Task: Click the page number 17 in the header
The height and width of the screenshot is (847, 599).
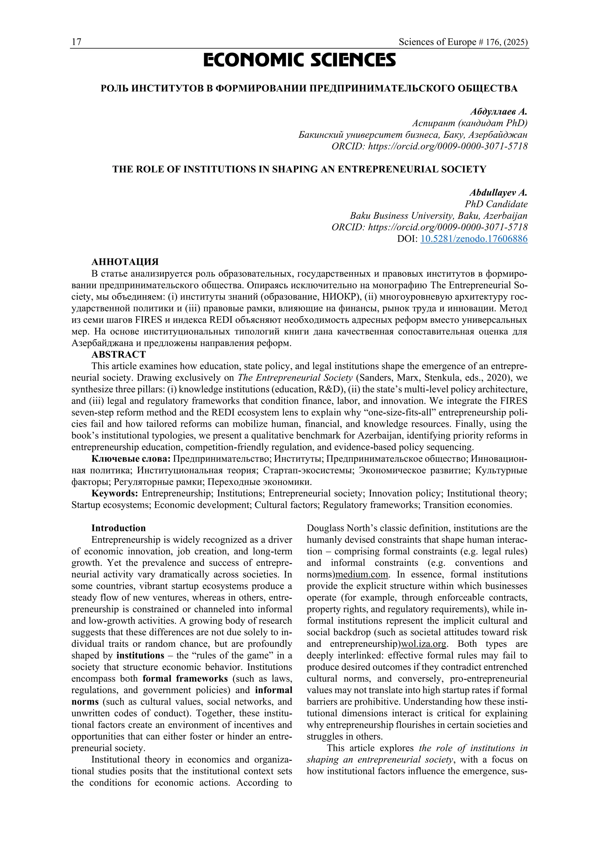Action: coord(76,42)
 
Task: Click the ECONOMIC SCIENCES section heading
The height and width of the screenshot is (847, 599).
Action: coord(299,61)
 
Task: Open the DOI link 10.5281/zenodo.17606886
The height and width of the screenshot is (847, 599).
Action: coord(474,239)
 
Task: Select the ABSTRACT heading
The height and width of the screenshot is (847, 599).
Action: coord(118,354)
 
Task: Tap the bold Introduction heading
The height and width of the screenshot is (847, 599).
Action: coord(118,528)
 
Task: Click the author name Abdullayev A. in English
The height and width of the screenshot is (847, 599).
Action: coord(498,192)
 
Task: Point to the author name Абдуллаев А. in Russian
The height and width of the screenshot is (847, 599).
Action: coord(499,111)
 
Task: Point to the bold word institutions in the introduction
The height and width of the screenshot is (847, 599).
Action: coord(140,655)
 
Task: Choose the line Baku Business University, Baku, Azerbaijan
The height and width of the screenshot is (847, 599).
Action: coord(438,216)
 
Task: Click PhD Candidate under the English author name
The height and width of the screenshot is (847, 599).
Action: coord(496,204)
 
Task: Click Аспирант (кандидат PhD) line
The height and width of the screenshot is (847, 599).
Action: coord(469,123)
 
